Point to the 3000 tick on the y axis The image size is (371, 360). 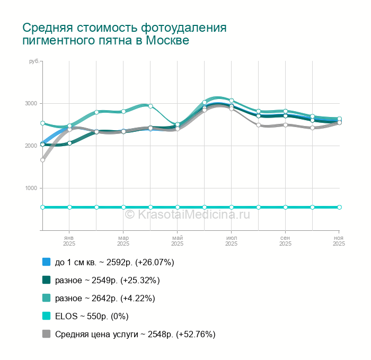click(x=31, y=103)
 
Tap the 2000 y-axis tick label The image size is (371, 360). click(x=31, y=146)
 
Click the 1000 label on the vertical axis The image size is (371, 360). click(x=31, y=188)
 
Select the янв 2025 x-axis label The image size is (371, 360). click(x=69, y=241)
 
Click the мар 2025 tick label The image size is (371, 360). click(x=123, y=241)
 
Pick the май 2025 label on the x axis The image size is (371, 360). click(x=177, y=241)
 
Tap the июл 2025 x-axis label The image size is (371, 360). click(x=231, y=241)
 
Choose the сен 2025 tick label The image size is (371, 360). click(x=285, y=241)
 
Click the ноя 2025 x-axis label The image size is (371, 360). click(x=339, y=241)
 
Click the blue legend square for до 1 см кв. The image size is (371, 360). click(x=46, y=262)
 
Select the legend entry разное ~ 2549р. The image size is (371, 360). click(x=107, y=280)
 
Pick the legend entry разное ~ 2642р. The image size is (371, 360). click(x=105, y=298)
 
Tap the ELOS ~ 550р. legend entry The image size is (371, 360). click(x=92, y=316)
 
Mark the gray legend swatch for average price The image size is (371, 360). click(x=46, y=334)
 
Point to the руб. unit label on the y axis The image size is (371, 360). click(x=34, y=62)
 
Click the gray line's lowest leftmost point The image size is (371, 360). click(x=42, y=160)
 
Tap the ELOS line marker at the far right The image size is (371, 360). click(x=339, y=207)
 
